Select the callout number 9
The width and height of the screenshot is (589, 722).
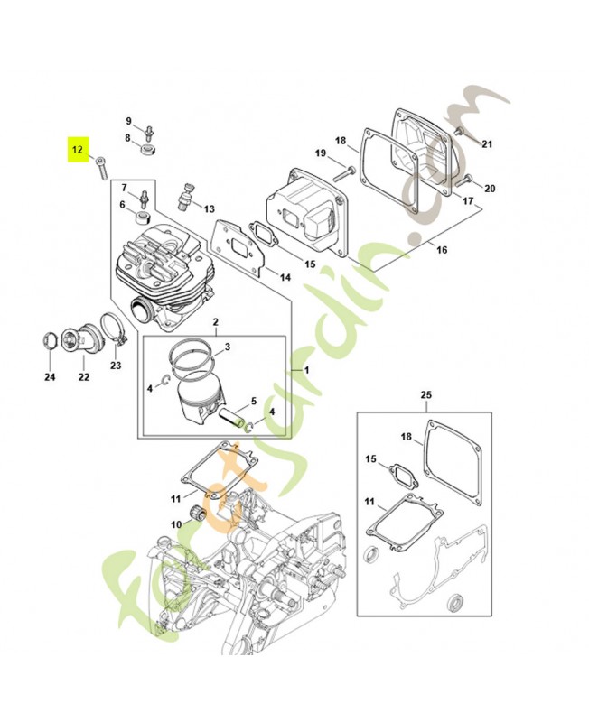[x=128, y=121]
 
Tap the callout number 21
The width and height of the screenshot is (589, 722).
[x=487, y=144]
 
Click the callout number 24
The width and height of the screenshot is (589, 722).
[x=50, y=376]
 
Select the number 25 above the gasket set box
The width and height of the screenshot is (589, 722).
[x=426, y=395]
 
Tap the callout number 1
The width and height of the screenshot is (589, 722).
[x=306, y=371]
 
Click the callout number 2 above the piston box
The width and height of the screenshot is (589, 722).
[x=216, y=322]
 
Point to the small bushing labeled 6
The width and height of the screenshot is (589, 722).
[x=140, y=219]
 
